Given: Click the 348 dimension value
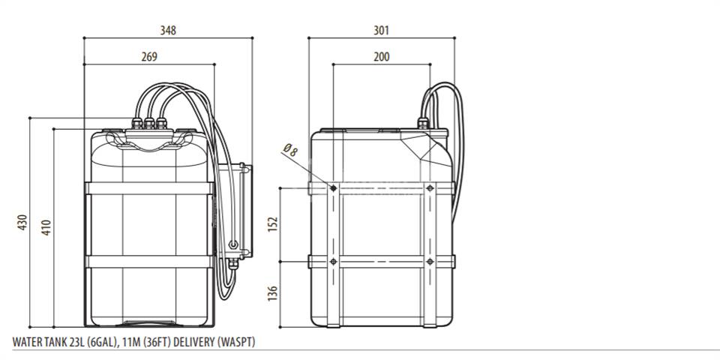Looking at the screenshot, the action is tap(168, 30).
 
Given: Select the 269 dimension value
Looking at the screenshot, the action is tap(149, 56).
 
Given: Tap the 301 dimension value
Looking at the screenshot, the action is tap(381, 30).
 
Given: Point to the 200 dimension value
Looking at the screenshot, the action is tap(381, 56).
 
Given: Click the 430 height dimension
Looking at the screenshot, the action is tap(22, 222).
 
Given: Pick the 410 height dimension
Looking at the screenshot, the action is tap(46, 227).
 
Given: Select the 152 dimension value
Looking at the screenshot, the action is tap(273, 224).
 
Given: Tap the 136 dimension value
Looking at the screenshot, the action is tap(273, 294).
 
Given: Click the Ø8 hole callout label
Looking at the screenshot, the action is tap(291, 150).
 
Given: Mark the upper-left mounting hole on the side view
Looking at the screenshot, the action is tap(333, 188).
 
